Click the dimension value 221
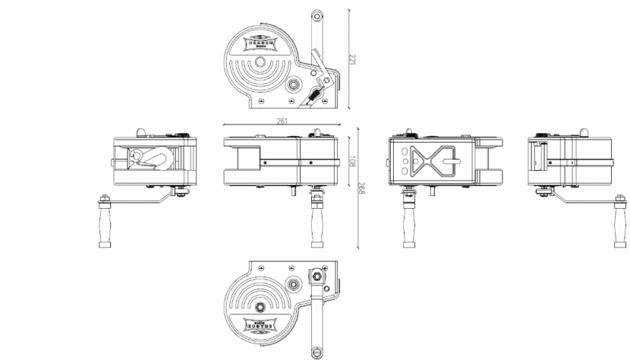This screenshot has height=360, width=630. (353, 59)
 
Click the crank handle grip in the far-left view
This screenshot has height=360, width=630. (103, 223)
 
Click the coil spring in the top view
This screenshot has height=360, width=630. (313, 95)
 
